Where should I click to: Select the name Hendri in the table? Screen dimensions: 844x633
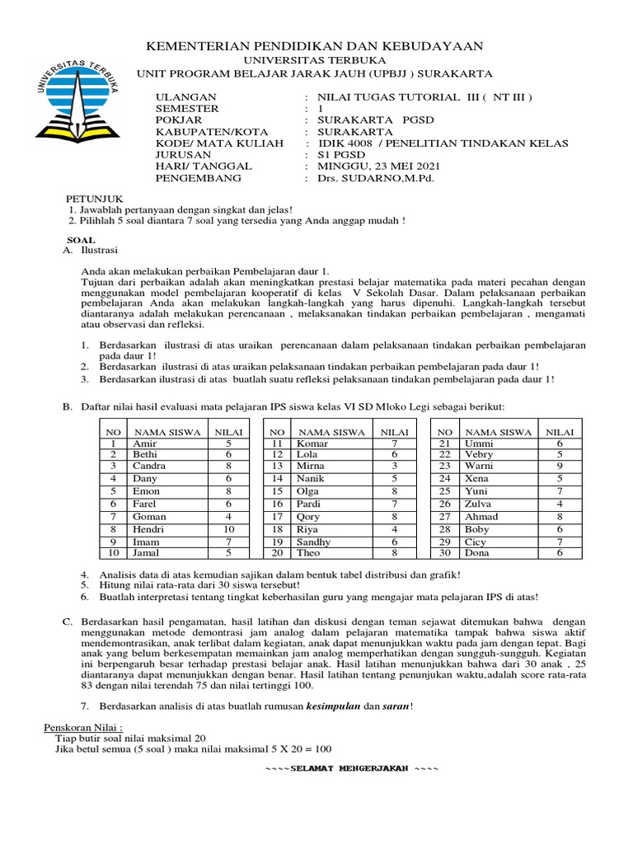click(148, 528)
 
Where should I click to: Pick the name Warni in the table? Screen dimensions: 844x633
click(478, 466)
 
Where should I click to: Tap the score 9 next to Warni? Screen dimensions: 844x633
click(559, 466)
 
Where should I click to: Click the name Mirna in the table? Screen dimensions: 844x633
click(312, 466)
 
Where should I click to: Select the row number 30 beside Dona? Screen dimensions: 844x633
click(445, 553)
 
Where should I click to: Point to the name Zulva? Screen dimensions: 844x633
click(478, 504)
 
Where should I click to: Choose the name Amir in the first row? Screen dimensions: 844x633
click(144, 443)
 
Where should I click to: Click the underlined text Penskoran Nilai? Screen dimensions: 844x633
click(82, 729)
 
